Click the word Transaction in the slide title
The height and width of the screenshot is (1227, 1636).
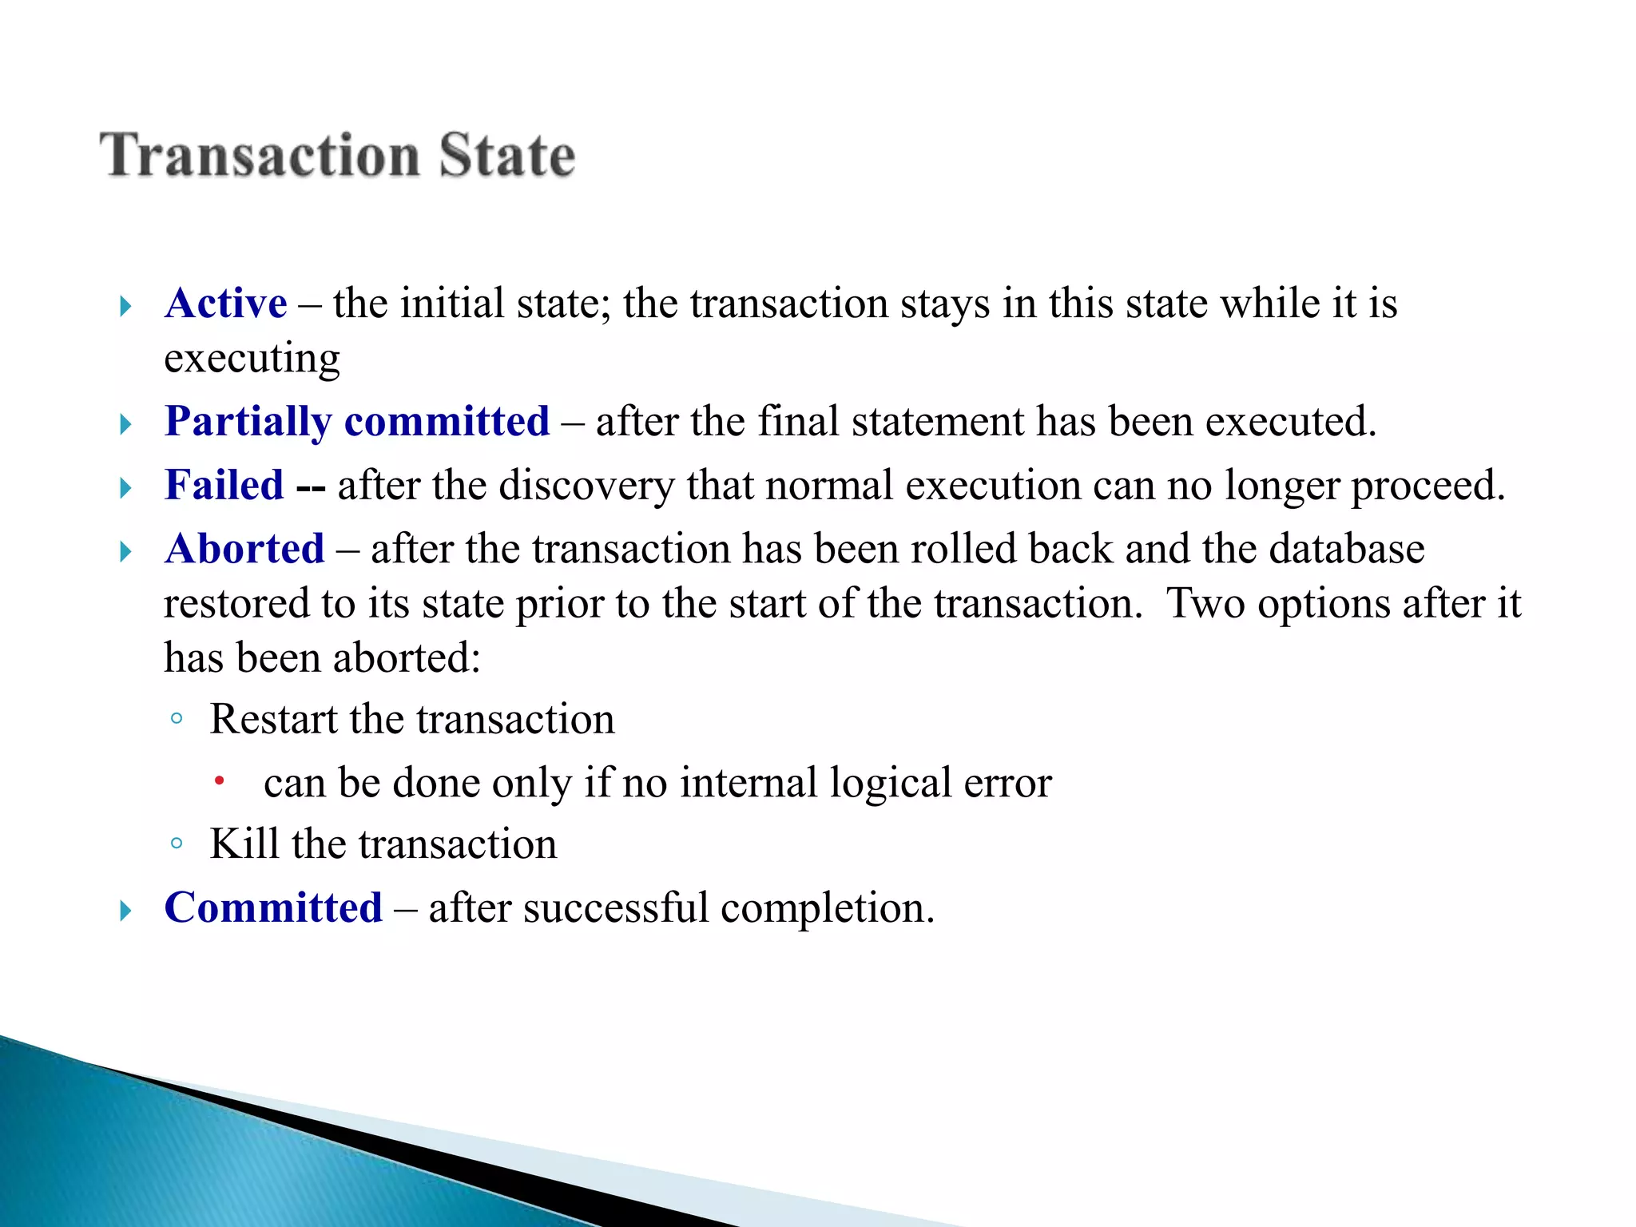[260, 155]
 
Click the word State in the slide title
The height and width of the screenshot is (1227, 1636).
[506, 155]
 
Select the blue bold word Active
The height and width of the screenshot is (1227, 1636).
[225, 304]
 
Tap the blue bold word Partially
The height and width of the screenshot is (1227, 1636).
[248, 422]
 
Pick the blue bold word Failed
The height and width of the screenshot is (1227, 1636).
[224, 485]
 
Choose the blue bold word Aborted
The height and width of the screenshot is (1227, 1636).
[244, 549]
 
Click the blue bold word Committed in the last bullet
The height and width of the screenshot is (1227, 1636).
[273, 907]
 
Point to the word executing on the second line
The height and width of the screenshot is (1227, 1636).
[252, 359]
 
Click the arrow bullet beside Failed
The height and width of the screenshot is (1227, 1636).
[125, 487]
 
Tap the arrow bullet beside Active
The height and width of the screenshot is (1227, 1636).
[125, 306]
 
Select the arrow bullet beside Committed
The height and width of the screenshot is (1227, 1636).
[125, 910]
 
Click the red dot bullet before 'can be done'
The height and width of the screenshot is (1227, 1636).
[219, 780]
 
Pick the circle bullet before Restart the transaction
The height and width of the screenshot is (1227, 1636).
[177, 718]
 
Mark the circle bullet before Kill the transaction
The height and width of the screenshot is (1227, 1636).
[177, 843]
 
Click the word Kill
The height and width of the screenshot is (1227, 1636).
[244, 844]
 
